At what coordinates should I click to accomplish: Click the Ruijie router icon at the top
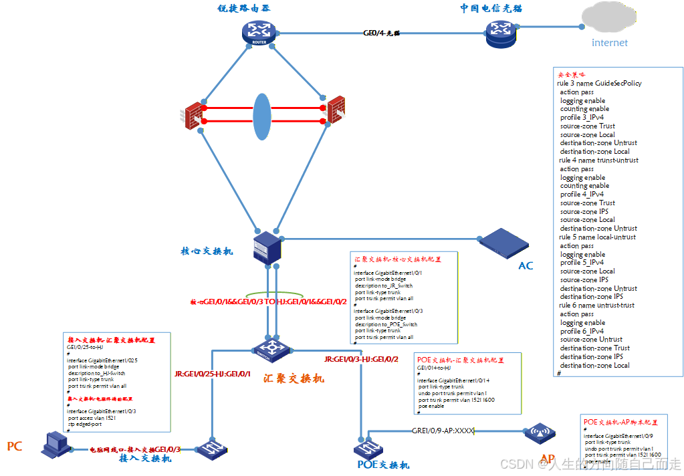coord(259,31)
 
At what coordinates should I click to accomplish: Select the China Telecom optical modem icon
coord(501,31)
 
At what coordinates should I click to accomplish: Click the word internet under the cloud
coord(610,43)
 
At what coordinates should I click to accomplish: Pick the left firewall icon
coord(194,115)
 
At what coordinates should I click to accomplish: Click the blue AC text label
coord(526,266)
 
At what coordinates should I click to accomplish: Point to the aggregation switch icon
coord(271,348)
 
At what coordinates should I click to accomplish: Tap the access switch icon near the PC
coord(212,448)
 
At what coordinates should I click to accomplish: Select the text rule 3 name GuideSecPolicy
coord(599,84)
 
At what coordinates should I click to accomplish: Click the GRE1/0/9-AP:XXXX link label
coord(443,431)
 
